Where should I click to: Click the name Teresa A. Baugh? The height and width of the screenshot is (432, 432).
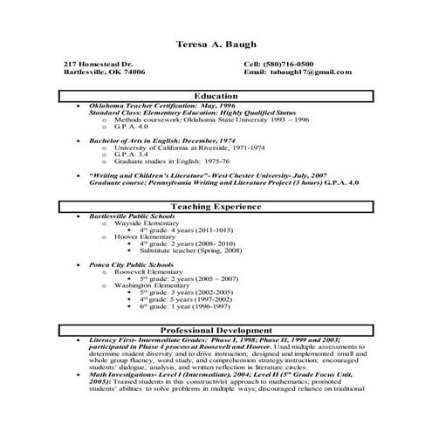coord(216,44)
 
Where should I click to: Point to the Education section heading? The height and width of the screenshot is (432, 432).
coord(216,96)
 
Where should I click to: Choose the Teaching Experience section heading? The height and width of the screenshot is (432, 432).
coord(216,207)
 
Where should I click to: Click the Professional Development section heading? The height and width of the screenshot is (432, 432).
coord(216,331)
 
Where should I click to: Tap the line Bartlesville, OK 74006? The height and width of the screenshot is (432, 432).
coord(105,72)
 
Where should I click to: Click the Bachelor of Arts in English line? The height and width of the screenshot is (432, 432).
coord(144,141)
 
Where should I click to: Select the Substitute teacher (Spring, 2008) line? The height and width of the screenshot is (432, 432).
coord(185,250)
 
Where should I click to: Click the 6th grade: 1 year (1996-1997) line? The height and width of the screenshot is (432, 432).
coord(185,307)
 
